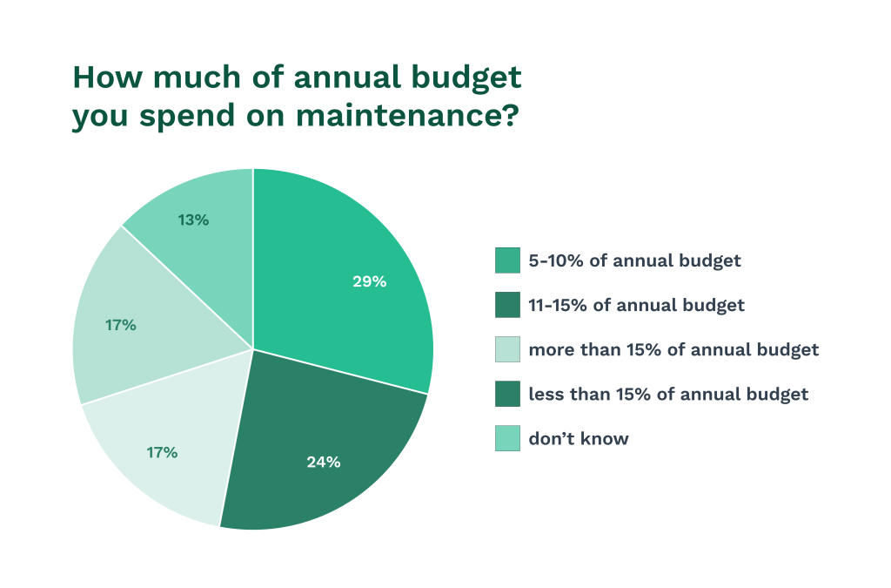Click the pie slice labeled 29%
click(348, 261)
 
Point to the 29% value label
click(369, 281)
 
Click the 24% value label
click(323, 462)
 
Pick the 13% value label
click(193, 220)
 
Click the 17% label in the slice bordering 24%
click(162, 452)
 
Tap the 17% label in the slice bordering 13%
click(121, 325)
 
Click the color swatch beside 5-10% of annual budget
click(507, 260)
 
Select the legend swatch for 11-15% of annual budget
click(507, 305)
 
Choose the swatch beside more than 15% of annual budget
click(507, 349)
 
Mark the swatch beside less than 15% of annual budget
click(507, 394)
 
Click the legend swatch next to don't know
click(507, 438)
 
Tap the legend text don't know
click(578, 438)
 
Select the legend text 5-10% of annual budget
click(634, 260)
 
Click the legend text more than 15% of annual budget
click(673, 349)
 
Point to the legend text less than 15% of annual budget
click(667, 394)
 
